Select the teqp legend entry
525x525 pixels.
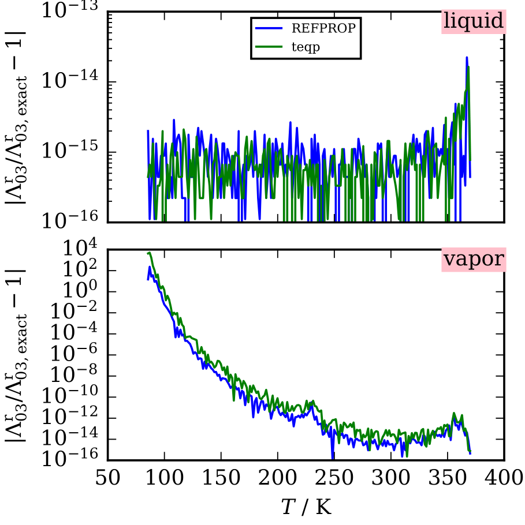(306, 47)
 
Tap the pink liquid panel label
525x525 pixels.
(474, 21)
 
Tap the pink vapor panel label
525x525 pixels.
(474, 260)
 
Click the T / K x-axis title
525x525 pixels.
(306, 507)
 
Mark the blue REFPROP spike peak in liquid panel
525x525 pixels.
(467, 57)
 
